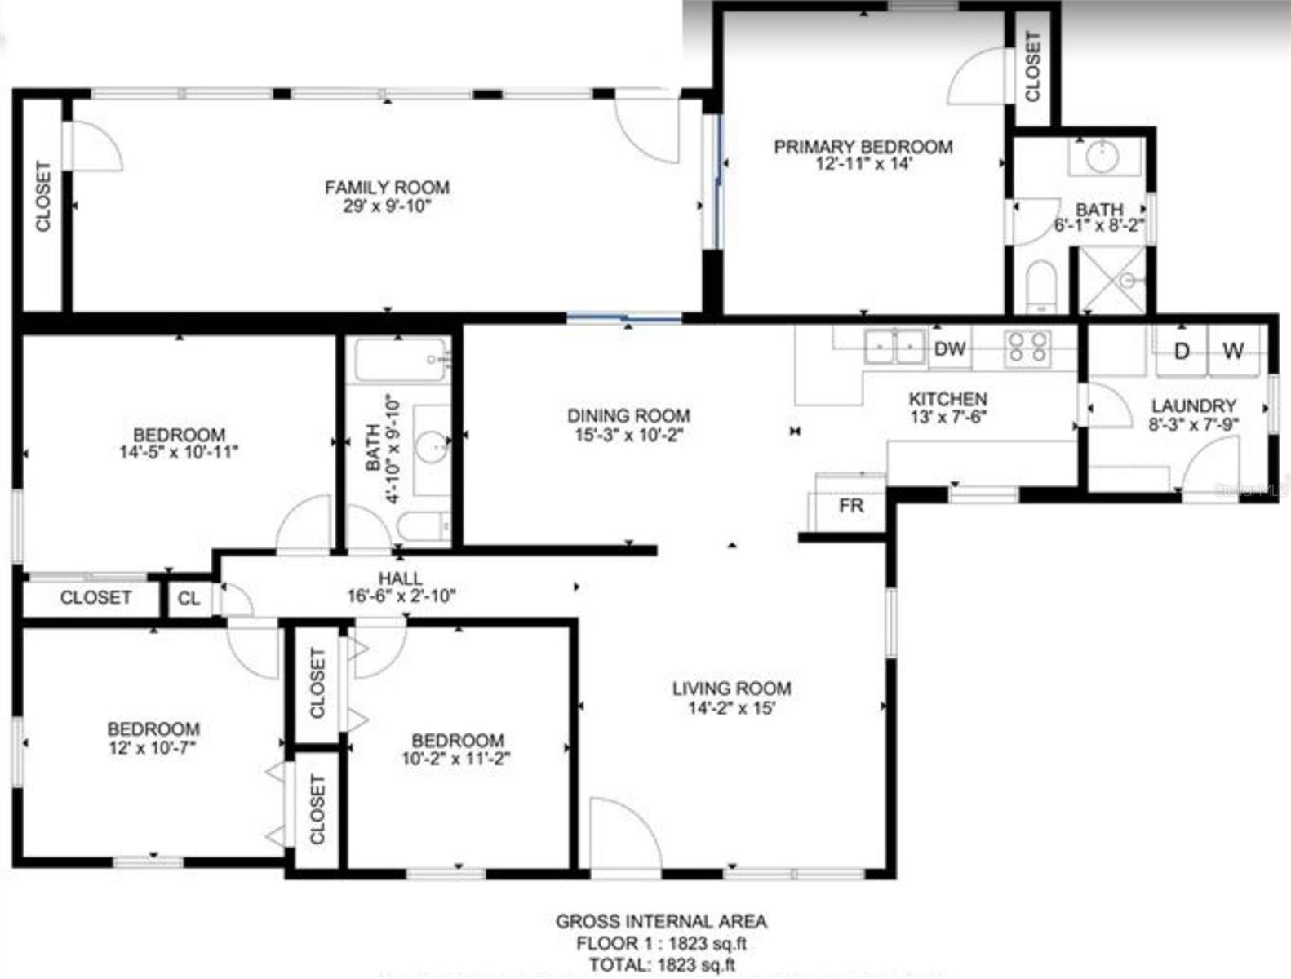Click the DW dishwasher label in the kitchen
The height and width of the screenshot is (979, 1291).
pos(949,349)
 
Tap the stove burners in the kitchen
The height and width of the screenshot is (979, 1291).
pos(1027,347)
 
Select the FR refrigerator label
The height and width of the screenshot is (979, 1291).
pos(850,506)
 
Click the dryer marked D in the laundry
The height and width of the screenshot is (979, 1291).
pos(1181,351)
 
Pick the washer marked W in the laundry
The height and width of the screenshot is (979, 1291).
pos(1233,351)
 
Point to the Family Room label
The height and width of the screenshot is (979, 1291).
pos(387,188)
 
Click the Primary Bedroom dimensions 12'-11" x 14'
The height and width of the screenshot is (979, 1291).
pos(863,163)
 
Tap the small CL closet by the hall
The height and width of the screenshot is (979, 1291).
pos(189,599)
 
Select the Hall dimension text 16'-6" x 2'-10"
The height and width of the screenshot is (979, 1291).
pos(401,596)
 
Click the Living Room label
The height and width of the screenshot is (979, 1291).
pos(731,689)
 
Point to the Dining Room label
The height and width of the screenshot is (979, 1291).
pos(628,415)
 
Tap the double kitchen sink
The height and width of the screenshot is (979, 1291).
pos(895,347)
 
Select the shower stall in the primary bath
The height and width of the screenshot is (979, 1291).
pos(1114,280)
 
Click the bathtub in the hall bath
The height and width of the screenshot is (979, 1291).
pos(401,359)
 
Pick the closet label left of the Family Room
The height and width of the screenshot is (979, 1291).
pos(43,197)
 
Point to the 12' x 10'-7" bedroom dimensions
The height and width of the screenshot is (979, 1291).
pos(153,746)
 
